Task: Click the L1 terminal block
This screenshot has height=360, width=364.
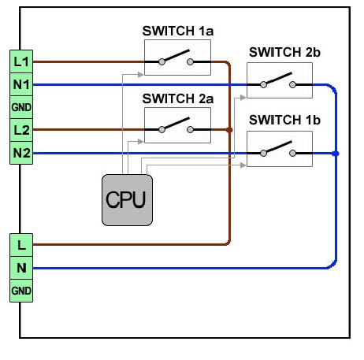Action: tap(21, 61)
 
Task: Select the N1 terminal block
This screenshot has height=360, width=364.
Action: tap(21, 84)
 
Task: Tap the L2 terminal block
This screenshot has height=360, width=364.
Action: tap(21, 130)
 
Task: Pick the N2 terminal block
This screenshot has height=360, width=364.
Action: tap(21, 153)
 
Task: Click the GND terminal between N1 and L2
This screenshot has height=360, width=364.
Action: tap(21, 107)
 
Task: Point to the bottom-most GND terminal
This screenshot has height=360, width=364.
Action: tap(21, 291)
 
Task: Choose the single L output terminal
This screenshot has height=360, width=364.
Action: tap(21, 245)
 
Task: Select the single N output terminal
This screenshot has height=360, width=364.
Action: tap(21, 268)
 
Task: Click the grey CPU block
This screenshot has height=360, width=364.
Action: tap(127, 200)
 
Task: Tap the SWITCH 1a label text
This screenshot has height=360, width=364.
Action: tap(178, 31)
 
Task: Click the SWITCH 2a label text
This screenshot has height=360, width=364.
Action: tap(178, 98)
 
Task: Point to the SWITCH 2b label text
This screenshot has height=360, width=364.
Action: tap(284, 52)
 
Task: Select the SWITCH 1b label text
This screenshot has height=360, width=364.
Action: tap(284, 120)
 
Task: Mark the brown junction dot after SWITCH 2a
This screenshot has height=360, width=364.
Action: tap(229, 130)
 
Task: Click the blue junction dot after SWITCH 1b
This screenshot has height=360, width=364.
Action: tap(336, 154)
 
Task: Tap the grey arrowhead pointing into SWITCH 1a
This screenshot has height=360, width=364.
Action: tap(141, 75)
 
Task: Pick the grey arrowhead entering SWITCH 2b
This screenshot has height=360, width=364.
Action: tap(243, 98)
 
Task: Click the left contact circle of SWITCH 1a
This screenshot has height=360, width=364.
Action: tap(162, 62)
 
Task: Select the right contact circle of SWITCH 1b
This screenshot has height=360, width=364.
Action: tap(292, 154)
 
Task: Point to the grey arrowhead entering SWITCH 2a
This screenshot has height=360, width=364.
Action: tap(141, 142)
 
